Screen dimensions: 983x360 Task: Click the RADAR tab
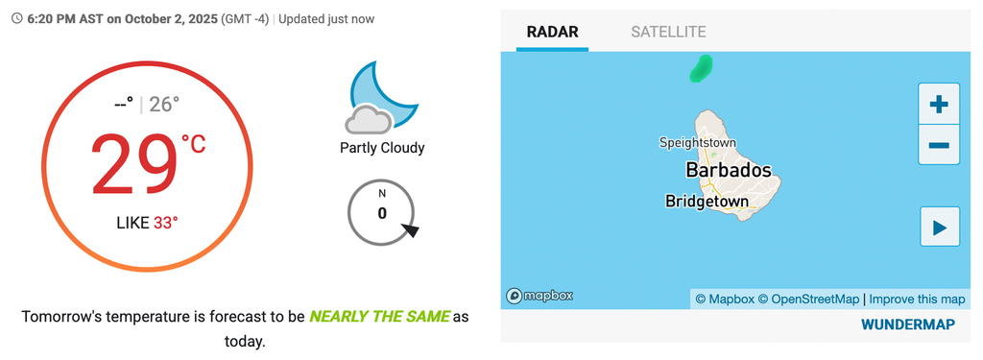pyautogui.click(x=552, y=32)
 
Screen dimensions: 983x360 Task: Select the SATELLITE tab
pyautogui.click(x=668, y=32)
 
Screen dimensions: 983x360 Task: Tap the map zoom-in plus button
pyautogui.click(x=939, y=104)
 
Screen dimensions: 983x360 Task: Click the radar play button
pyautogui.click(x=940, y=227)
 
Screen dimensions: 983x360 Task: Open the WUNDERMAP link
pyautogui.click(x=908, y=324)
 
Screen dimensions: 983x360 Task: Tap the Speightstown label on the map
pyautogui.click(x=698, y=143)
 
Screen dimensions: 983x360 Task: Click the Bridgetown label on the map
pyautogui.click(x=707, y=202)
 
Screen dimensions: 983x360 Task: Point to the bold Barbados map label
pyautogui.click(x=729, y=170)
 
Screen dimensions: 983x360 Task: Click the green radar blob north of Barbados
pyautogui.click(x=702, y=68)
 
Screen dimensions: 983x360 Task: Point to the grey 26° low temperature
pyautogui.click(x=164, y=104)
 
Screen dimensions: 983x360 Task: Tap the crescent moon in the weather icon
pyautogui.click(x=387, y=93)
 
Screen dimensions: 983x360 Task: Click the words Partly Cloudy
pyautogui.click(x=382, y=148)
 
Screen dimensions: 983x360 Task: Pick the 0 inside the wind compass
pyautogui.click(x=382, y=213)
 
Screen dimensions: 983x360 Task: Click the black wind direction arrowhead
pyautogui.click(x=410, y=230)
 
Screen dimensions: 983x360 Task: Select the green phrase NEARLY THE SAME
pyautogui.click(x=379, y=316)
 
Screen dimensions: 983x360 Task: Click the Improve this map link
pyautogui.click(x=917, y=300)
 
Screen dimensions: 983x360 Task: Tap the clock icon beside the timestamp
pyautogui.click(x=17, y=19)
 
